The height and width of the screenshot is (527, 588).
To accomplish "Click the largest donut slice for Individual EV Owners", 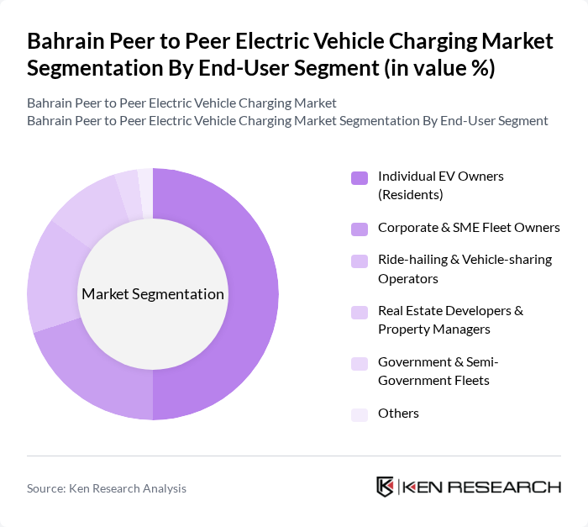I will pos(252,294).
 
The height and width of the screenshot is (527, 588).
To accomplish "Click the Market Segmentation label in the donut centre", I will pos(153,294).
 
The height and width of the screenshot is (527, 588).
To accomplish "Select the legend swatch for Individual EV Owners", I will pos(359,177).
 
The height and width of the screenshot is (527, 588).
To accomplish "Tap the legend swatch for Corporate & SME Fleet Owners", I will pos(359,228).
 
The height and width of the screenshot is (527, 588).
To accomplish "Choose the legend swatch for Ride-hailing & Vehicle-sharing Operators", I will pos(359,261).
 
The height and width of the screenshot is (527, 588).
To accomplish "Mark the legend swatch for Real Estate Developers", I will pos(359,312).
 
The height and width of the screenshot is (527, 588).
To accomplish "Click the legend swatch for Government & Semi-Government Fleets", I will pos(359,363).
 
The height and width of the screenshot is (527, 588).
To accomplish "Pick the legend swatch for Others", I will pos(359,414).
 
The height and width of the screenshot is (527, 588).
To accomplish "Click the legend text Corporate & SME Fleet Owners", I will pos(469,228).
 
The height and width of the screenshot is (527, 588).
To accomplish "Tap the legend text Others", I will pos(398,414).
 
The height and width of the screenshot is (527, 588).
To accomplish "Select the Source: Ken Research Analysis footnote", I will pos(107,488).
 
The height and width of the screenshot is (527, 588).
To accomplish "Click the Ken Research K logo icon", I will pos(386,487).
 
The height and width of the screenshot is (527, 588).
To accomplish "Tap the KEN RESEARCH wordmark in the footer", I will pos(482,487).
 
